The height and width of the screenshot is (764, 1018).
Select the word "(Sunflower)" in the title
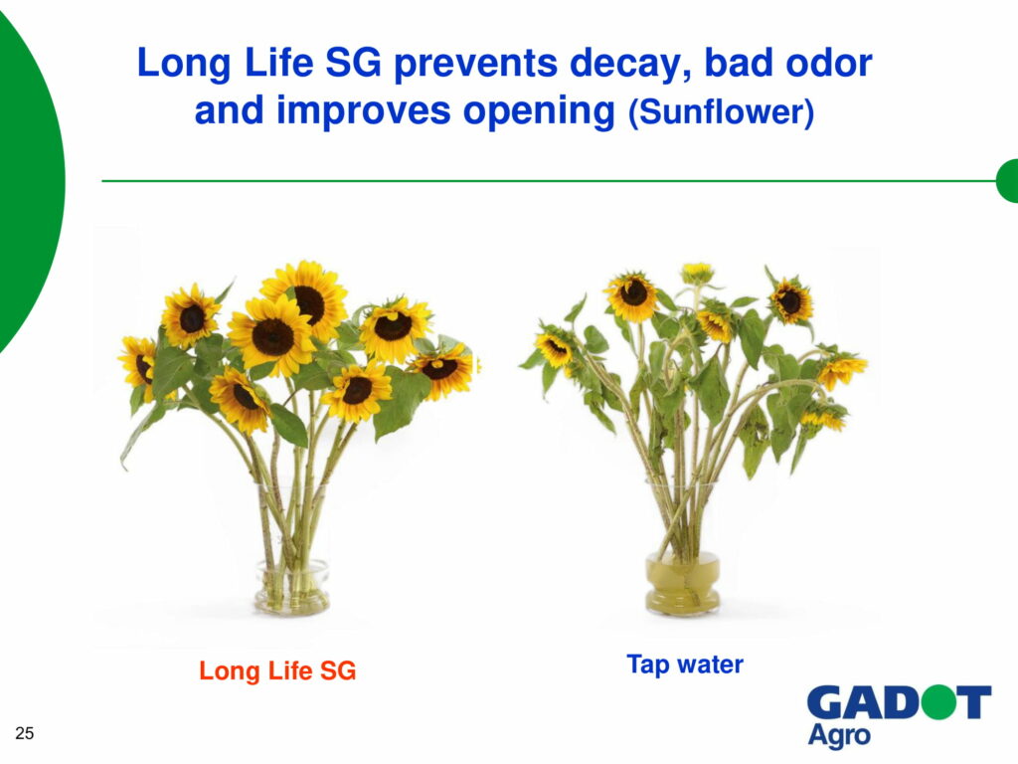tap(721, 111)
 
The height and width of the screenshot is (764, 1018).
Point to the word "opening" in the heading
tap(538, 111)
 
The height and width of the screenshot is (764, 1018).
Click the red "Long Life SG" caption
tap(277, 670)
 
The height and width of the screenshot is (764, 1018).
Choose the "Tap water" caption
tap(685, 665)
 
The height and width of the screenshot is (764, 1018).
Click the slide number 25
tap(25, 733)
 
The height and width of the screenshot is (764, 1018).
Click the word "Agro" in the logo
tap(839, 735)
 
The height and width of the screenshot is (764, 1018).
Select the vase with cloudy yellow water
tap(682, 582)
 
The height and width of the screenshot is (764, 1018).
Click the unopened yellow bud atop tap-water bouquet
tap(697, 273)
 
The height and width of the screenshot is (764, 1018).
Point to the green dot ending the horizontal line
tap(1007, 181)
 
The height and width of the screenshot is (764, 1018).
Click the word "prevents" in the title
tap(475, 64)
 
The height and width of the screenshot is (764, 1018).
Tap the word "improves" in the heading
tap(364, 111)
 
